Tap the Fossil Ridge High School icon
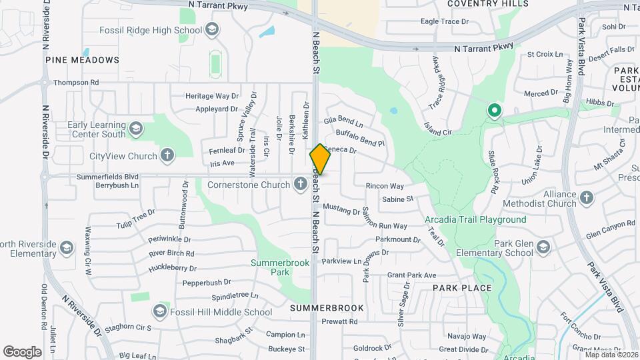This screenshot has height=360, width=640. pos(211,29)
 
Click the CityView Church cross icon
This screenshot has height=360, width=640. pos(167,157)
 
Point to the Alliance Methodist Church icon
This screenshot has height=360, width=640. pos(586,198)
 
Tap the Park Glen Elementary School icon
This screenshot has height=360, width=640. pos(543,248)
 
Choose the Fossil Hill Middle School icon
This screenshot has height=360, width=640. pos(159,311)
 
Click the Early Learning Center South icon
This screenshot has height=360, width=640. pos(136,129)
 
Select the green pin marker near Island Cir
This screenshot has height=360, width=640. pos(494,110)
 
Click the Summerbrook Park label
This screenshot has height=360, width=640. pos(280,267)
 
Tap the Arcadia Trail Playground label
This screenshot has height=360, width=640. pos(475,219)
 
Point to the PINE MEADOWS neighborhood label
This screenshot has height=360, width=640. pos(83,60)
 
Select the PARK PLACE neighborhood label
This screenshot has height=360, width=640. pos(461,288)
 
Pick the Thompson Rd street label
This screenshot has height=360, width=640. pos(76,83)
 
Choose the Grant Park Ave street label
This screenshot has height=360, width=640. pos(411,275)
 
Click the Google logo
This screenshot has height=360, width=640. pos(23,351)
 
